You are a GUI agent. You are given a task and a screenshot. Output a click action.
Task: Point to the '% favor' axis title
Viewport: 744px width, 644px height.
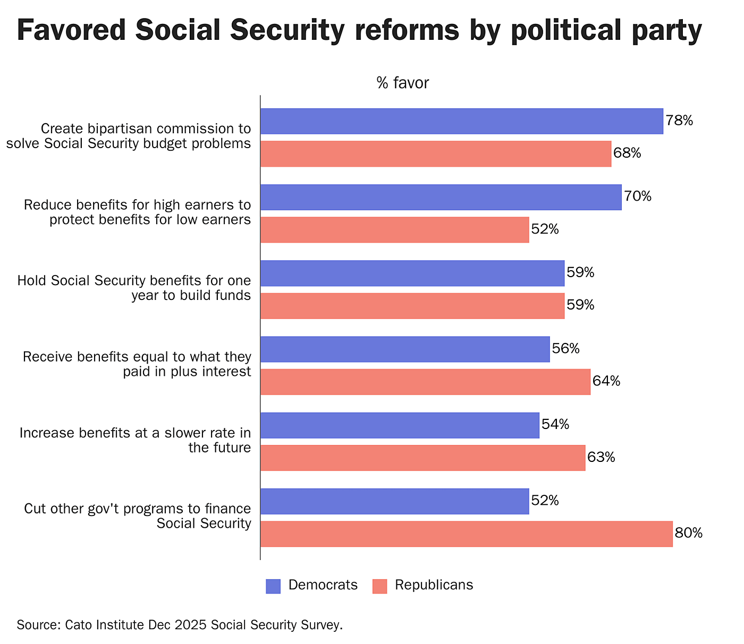tap(402, 83)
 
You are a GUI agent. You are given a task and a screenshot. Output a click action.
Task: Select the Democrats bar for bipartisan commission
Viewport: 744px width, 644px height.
tap(461, 121)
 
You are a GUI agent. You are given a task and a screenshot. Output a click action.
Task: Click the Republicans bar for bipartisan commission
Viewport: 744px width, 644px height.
tap(436, 154)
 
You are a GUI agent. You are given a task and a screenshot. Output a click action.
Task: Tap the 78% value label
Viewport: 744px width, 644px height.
tap(679, 121)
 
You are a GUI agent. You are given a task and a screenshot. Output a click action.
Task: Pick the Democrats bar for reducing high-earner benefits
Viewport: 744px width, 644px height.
tap(441, 197)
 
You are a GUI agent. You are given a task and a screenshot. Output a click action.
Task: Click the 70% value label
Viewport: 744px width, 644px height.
tap(638, 197)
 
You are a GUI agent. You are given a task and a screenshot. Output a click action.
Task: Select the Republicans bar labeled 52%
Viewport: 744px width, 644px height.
tap(394, 230)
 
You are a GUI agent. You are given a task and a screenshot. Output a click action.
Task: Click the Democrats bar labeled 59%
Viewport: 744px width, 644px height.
tap(412, 273)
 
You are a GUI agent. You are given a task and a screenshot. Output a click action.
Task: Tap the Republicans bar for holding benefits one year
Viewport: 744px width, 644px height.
tap(412, 306)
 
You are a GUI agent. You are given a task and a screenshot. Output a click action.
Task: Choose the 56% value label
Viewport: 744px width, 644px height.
tap(565, 349)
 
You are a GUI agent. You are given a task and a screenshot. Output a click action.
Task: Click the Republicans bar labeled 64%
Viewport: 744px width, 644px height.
tap(425, 382)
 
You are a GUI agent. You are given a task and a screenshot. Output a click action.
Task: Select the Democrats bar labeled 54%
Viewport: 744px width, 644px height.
tap(400, 425)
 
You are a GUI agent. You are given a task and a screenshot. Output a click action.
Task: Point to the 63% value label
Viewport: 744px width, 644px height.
tap(601, 458)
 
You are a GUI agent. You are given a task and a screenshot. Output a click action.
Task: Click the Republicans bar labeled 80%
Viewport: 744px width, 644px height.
tap(466, 534)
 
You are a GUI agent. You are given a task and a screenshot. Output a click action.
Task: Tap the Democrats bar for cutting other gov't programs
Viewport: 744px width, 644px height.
tap(394, 501)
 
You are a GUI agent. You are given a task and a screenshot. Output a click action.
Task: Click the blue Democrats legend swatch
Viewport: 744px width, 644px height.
tap(273, 586)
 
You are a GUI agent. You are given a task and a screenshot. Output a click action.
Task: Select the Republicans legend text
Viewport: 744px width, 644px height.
tap(434, 585)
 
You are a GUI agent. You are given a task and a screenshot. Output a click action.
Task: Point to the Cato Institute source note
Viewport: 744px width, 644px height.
tap(180, 625)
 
